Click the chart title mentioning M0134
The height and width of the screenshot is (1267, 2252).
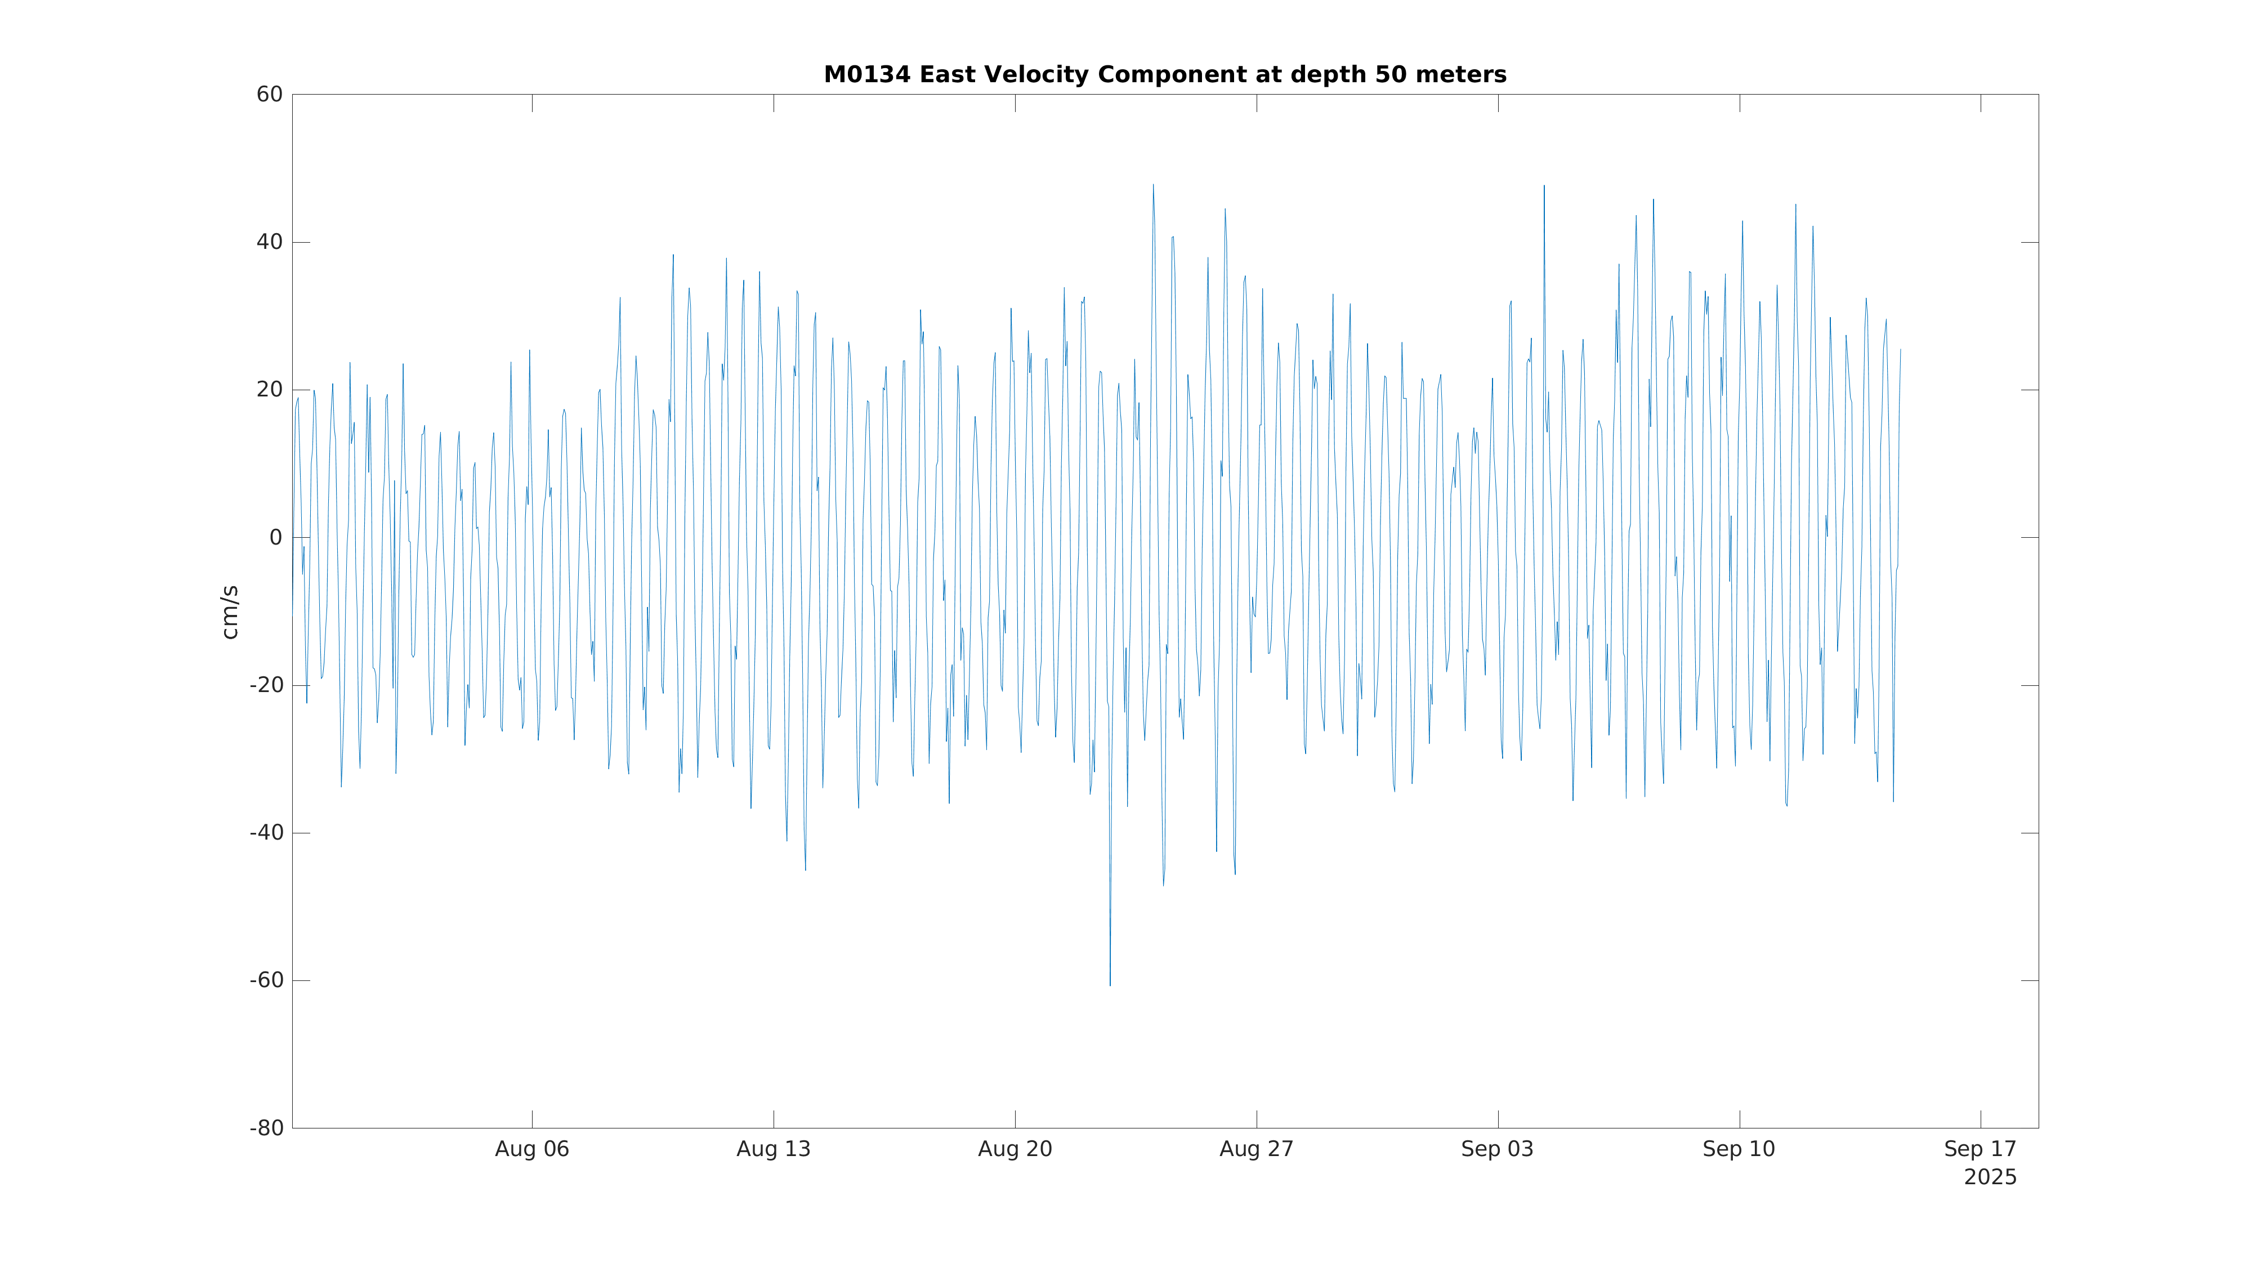click(1164, 75)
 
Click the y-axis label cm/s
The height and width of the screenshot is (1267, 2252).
click(230, 612)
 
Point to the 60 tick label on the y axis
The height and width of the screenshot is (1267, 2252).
click(269, 95)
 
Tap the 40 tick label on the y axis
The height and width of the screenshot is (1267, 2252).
click(269, 242)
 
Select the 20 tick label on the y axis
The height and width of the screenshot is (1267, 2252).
click(269, 390)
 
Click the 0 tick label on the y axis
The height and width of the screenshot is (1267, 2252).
click(275, 538)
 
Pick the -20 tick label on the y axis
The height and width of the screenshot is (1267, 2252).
click(267, 685)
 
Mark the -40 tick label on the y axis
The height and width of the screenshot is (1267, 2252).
click(267, 833)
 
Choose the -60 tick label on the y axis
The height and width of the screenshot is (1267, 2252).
click(267, 981)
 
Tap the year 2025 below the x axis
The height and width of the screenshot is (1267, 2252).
click(1990, 1178)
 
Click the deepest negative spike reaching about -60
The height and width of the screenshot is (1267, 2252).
click(1110, 983)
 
